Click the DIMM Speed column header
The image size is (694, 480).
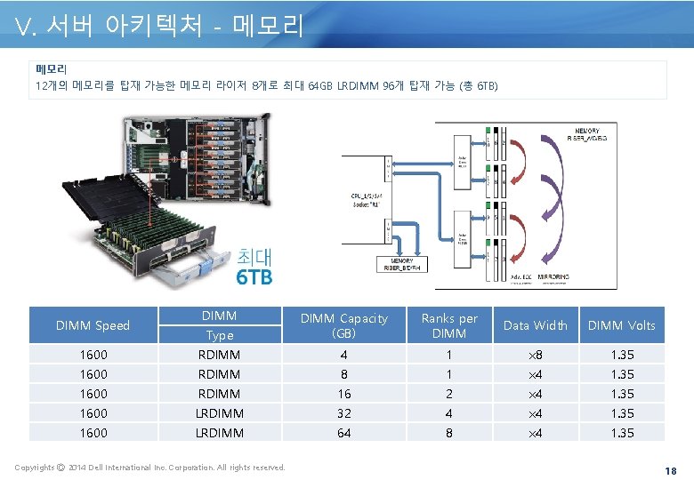[93, 325]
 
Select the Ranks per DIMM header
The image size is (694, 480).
[449, 325]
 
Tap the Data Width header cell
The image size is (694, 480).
[535, 325]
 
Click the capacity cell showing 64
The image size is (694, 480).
[343, 433]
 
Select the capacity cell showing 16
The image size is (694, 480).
[343, 394]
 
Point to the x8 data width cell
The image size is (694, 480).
[535, 355]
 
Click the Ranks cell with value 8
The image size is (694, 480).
[449, 433]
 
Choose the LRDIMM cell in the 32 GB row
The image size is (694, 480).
[219, 413]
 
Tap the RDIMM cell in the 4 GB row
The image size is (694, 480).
[219, 355]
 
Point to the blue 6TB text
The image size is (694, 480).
[254, 276]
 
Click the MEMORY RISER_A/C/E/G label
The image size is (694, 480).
[586, 135]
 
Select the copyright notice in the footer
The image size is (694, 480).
[150, 468]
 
